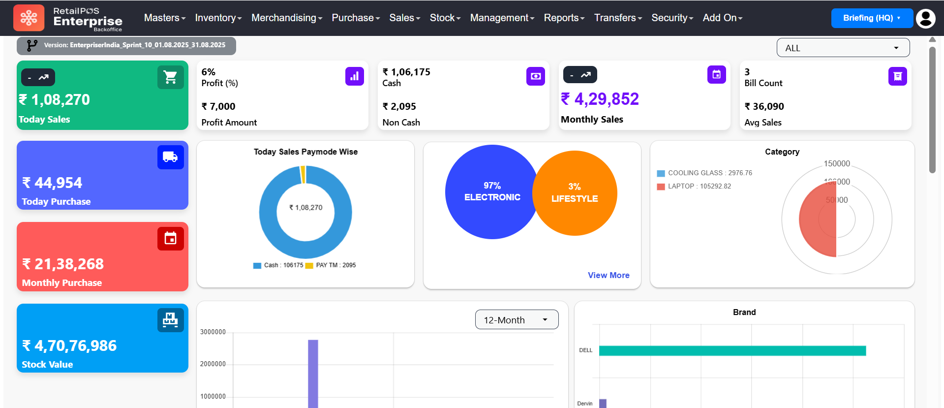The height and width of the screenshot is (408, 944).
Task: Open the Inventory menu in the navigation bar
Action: pos(218,18)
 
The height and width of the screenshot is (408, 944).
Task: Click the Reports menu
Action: pos(564,18)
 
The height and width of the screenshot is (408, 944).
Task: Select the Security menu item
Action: pos(672,18)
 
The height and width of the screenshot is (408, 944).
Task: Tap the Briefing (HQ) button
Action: pos(871,18)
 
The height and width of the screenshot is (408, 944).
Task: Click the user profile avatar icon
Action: pos(925,18)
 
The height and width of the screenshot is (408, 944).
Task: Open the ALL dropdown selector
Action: pos(843,48)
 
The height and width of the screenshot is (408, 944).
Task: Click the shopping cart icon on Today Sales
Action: pos(170,77)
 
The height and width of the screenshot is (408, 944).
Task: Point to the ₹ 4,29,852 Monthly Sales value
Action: pos(600,99)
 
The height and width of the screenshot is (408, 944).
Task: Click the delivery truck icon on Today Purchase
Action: pos(170,157)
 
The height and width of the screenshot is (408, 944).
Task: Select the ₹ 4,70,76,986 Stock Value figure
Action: pos(69,346)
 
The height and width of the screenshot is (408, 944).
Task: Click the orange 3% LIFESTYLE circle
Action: pos(575,193)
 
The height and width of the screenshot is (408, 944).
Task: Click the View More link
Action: pos(609,275)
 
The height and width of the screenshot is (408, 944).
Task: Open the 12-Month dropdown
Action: pos(517,320)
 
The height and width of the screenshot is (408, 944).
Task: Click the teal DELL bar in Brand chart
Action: pos(732,350)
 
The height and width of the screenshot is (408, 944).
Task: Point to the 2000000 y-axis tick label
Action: pos(213,364)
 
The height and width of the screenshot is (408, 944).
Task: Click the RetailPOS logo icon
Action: pos(29,18)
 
